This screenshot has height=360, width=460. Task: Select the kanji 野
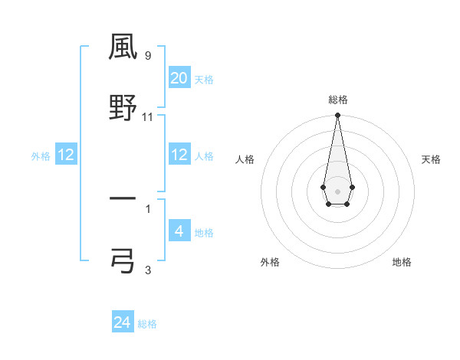(123, 107)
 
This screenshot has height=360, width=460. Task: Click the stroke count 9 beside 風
(148, 56)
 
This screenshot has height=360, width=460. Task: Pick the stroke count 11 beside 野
(148, 117)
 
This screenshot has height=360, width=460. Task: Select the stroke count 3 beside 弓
(148, 269)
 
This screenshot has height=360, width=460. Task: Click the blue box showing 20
(179, 78)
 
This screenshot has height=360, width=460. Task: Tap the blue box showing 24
(123, 322)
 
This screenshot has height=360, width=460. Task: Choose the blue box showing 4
(179, 231)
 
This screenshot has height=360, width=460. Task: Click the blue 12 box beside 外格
(66, 155)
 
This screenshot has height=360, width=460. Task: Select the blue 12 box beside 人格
(179, 155)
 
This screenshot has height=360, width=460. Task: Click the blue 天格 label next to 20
(204, 80)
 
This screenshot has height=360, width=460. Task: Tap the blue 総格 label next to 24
(147, 324)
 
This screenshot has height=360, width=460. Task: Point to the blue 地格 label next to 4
(204, 232)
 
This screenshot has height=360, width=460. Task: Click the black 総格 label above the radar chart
(337, 100)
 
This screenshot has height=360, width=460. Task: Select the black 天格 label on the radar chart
(432, 159)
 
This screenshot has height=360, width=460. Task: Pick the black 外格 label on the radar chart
(270, 262)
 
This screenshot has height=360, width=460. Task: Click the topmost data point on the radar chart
(337, 116)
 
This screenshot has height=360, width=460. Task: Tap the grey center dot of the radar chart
(337, 191)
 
